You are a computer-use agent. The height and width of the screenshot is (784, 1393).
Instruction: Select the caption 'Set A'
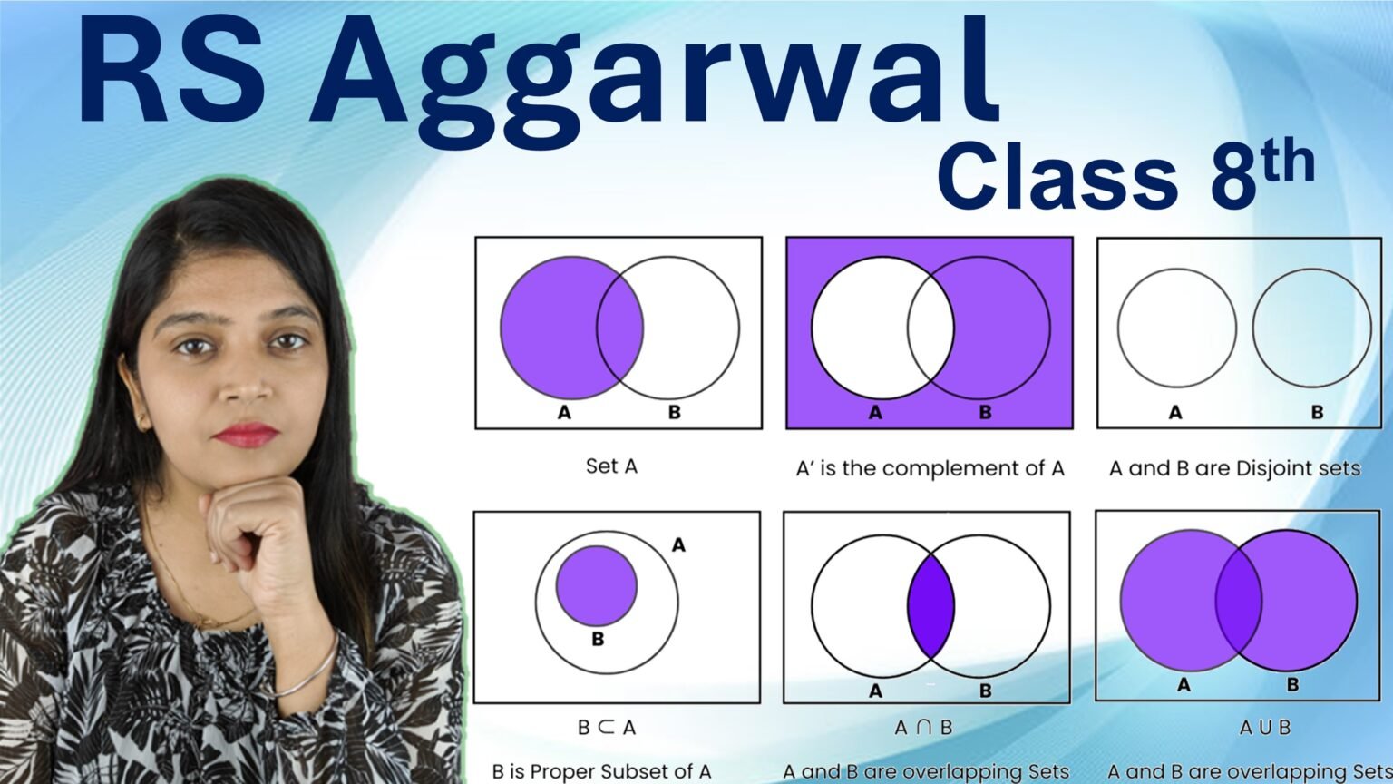(x=611, y=466)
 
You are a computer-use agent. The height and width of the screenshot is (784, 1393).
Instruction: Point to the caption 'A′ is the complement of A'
(x=930, y=468)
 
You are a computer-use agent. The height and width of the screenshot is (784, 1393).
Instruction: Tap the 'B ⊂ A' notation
(x=607, y=727)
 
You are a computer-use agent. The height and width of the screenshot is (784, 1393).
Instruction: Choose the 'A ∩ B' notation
(x=923, y=727)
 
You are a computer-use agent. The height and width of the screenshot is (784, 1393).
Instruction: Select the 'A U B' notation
(x=1265, y=727)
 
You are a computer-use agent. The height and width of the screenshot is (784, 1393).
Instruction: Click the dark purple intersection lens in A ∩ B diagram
(x=930, y=605)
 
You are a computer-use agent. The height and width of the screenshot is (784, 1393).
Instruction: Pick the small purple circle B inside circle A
(x=597, y=585)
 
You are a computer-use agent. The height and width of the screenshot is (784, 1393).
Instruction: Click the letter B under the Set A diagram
(x=674, y=412)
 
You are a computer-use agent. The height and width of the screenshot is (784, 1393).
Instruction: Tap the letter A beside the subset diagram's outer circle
(x=678, y=545)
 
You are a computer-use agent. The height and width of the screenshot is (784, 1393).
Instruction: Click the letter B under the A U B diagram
(x=1292, y=684)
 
